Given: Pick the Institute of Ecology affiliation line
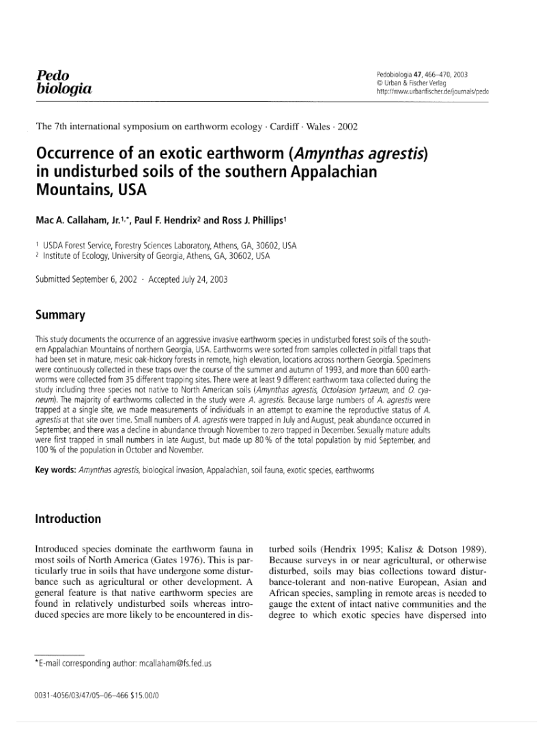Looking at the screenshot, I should pos(156,256).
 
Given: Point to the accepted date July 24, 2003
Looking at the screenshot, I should pos(201,279).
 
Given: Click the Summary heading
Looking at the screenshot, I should pos(60,315).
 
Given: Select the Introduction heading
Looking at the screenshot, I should pos(68,519).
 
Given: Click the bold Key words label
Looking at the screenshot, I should pos(55,470).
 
